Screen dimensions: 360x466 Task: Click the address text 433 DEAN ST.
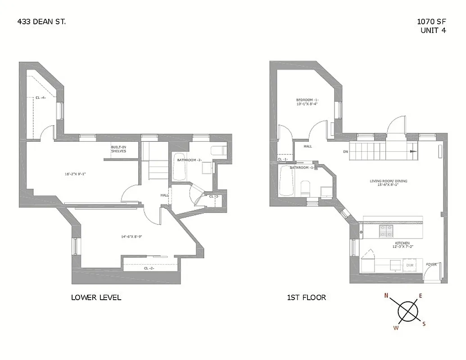(x=41, y=21)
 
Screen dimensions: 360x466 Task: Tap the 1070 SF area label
(x=432, y=22)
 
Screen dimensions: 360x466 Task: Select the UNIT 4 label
(x=433, y=30)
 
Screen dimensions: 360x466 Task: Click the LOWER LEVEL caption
(x=96, y=297)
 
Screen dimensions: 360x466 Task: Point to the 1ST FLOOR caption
(x=306, y=297)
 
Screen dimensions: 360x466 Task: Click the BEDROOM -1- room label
(x=307, y=99)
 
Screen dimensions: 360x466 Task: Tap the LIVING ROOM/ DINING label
(x=388, y=181)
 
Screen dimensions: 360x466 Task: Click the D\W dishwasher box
(x=410, y=265)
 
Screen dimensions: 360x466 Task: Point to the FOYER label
(x=431, y=264)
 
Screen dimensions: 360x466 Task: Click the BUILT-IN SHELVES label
(x=119, y=149)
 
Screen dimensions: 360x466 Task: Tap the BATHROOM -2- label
(x=189, y=160)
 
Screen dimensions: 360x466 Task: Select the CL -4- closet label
(x=41, y=98)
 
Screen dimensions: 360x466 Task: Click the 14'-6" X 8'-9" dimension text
(x=131, y=236)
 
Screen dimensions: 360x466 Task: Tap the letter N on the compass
(x=386, y=296)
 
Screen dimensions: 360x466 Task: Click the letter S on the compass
(x=424, y=324)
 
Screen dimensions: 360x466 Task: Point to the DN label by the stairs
(x=345, y=152)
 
